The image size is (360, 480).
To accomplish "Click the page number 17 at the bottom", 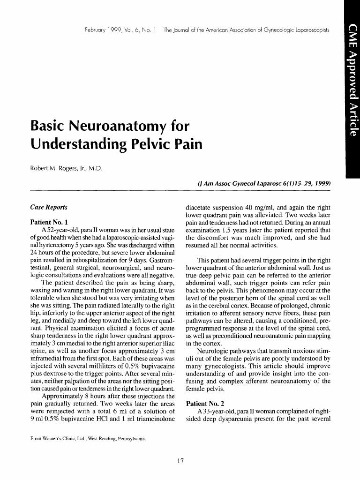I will [x=180, y=461].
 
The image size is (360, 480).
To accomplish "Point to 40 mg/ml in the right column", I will [x=273, y=207].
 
